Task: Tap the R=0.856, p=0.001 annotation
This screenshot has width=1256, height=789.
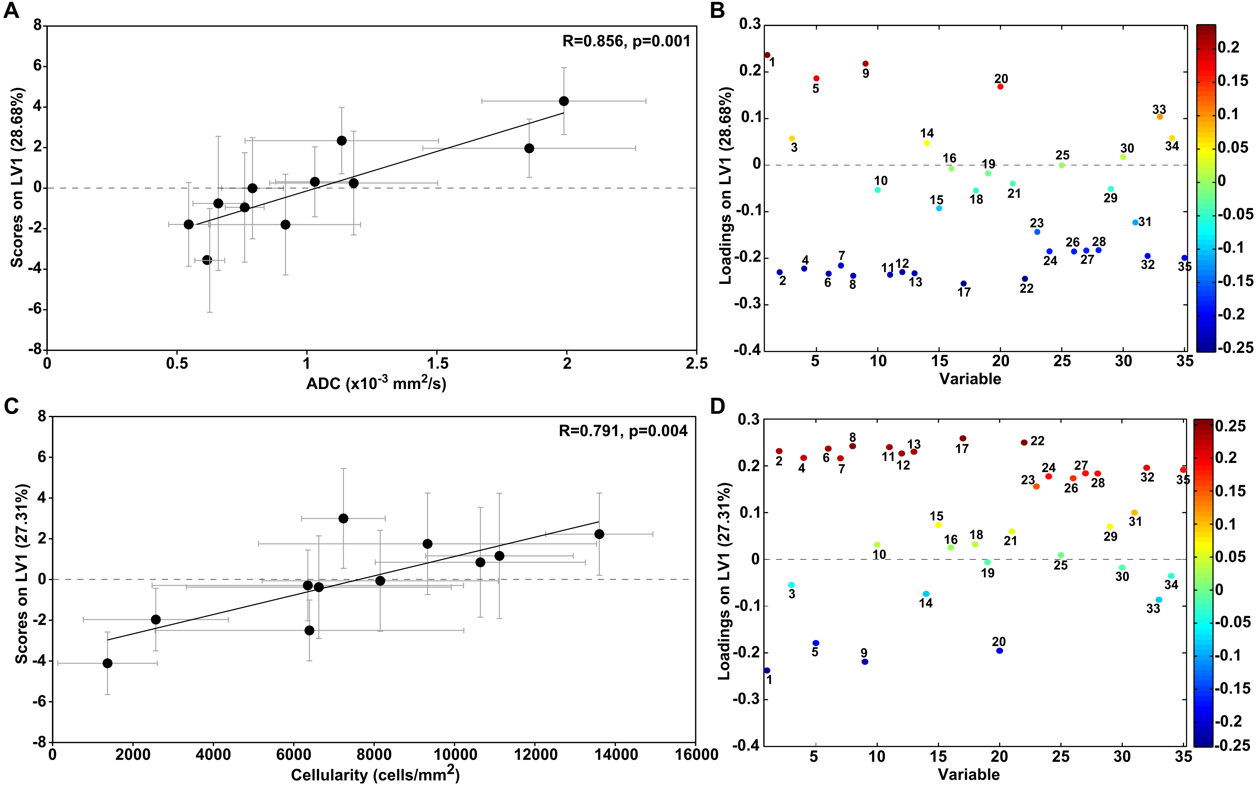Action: click(x=626, y=41)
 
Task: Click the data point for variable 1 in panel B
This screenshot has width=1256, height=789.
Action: click(x=767, y=55)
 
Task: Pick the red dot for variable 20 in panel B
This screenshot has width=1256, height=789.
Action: click(x=1000, y=87)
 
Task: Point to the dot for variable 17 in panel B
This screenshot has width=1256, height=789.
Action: click(x=963, y=284)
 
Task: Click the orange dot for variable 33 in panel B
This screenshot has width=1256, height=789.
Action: click(x=1159, y=117)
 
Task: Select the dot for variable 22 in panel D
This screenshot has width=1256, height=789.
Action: click(x=1024, y=442)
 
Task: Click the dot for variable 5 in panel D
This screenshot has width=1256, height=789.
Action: click(x=816, y=643)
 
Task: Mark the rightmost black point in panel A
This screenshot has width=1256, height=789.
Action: click(x=563, y=101)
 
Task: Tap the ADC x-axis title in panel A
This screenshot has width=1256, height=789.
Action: click(x=376, y=384)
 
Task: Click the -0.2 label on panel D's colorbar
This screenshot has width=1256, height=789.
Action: click(x=1232, y=721)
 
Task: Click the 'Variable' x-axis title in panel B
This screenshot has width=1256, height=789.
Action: click(x=970, y=379)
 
